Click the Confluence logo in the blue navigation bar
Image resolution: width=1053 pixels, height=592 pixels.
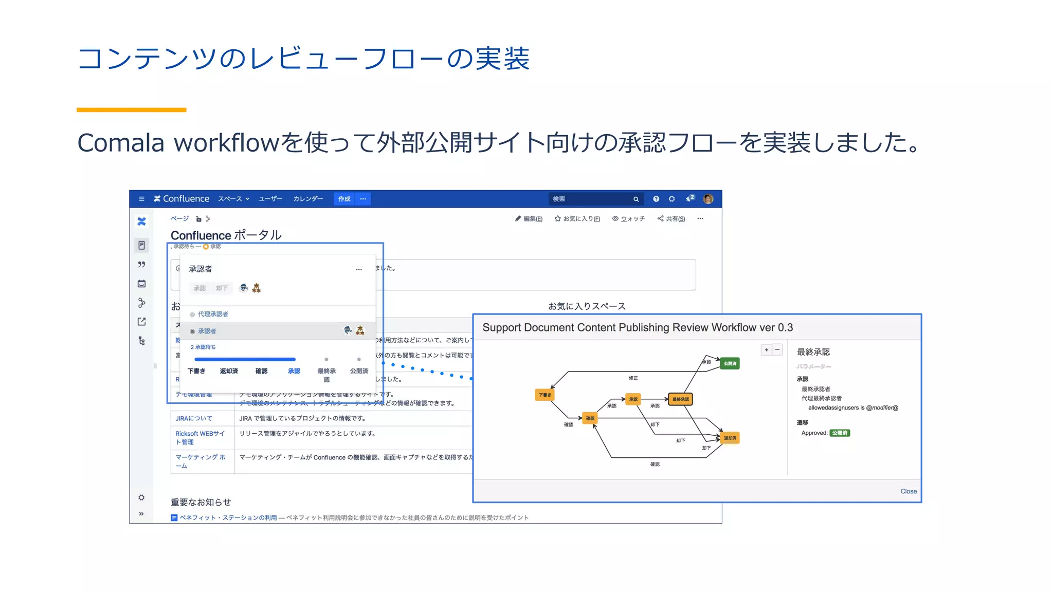pyautogui.click(x=181, y=199)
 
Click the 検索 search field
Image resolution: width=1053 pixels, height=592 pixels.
pyautogui.click(x=591, y=199)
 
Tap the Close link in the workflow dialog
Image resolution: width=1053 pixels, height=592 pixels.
pyautogui.click(x=908, y=491)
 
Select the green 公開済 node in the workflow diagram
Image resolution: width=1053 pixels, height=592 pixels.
pyautogui.click(x=730, y=364)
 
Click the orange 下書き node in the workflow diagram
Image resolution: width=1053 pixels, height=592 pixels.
pyautogui.click(x=544, y=395)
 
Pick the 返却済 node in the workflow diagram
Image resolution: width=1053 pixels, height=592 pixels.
pyautogui.click(x=730, y=438)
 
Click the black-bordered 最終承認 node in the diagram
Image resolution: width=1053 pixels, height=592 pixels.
pyautogui.click(x=680, y=399)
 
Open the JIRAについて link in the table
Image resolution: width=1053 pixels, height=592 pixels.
pyautogui.click(x=193, y=418)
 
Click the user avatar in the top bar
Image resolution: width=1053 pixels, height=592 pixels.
pyautogui.click(x=708, y=199)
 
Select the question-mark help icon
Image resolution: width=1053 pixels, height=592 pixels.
pyautogui.click(x=656, y=199)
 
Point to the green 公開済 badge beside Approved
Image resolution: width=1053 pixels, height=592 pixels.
pyautogui.click(x=839, y=433)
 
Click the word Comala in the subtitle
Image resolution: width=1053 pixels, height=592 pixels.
pyautogui.click(x=121, y=143)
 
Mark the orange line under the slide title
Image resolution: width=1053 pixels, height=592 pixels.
pyautogui.click(x=131, y=109)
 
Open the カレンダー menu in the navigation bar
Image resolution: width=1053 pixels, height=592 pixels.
pyautogui.click(x=308, y=199)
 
